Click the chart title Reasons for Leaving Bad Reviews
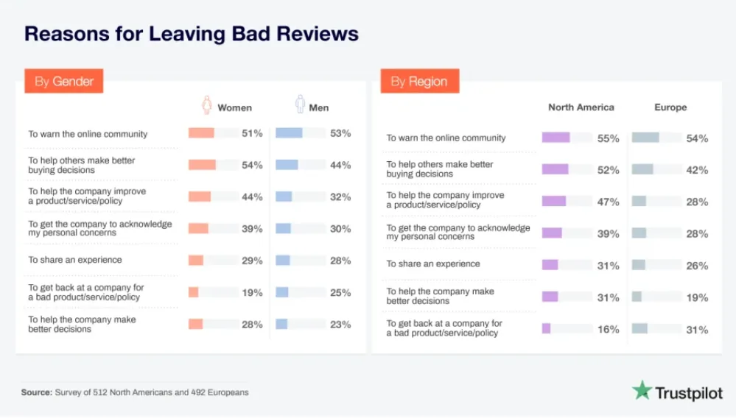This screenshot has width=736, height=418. pos(192,34)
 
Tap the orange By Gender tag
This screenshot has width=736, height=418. pos(64,81)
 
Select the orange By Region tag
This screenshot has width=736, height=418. pos(419,81)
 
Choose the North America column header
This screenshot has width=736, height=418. pos(581,107)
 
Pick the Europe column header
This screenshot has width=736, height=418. pos(670,107)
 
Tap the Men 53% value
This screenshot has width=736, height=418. pos(340,134)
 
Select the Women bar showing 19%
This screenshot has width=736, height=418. pos(194,292)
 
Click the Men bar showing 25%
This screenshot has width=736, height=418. pos(282,292)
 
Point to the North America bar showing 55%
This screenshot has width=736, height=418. pos(555,138)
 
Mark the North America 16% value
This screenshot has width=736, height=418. pos(609,330)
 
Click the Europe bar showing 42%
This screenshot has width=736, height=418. pos(642,169)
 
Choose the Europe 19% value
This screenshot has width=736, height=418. pos(697,298)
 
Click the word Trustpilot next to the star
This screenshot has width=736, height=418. pos(690,394)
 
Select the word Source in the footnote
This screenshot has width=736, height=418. pos(36,392)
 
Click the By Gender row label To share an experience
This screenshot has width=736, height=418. pos(75,260)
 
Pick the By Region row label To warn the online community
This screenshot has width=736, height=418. pos(446,138)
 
